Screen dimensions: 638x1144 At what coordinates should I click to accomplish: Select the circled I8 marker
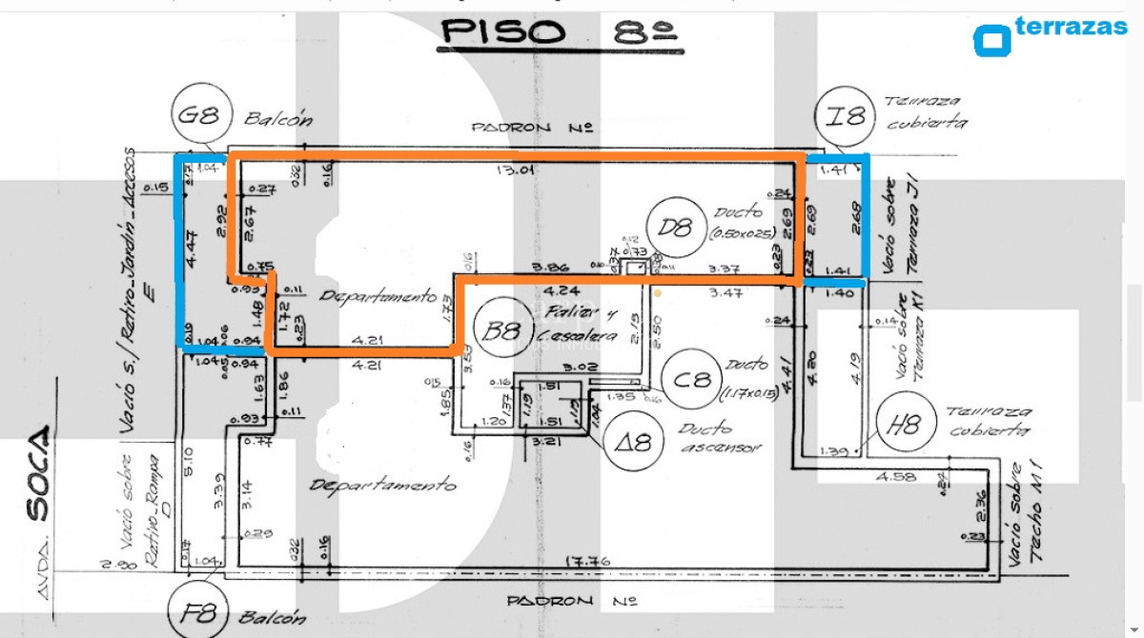[846, 117]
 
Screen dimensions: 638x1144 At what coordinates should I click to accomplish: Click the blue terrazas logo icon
[991, 40]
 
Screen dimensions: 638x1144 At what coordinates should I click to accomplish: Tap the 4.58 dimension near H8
[897, 477]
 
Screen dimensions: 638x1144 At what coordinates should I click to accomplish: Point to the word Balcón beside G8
[278, 120]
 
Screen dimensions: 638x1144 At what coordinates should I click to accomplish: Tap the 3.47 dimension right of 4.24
[727, 294]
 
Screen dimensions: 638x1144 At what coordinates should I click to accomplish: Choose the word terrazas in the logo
[1072, 26]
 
